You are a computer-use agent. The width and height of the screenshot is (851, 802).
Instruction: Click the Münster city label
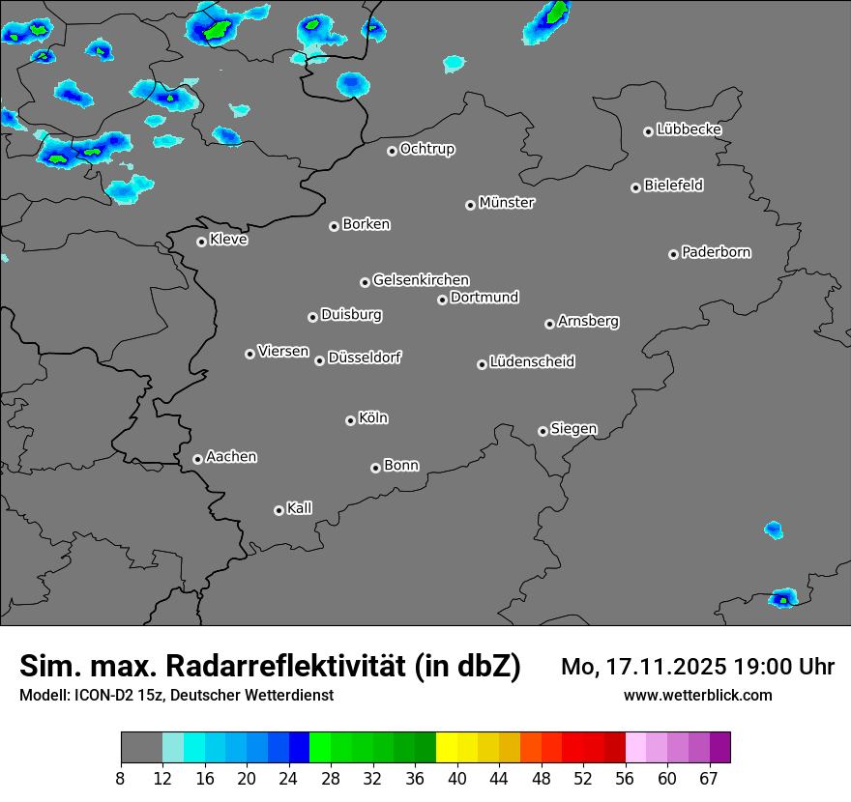pyautogui.click(x=507, y=203)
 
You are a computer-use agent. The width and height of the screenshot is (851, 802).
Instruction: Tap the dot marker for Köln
pyautogui.click(x=350, y=420)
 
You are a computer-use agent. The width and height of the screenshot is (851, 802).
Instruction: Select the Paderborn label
pyautogui.click(x=717, y=252)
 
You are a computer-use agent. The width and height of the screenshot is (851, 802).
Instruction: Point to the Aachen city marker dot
pyautogui.click(x=197, y=459)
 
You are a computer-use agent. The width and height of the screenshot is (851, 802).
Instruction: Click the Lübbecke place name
pyautogui.click(x=690, y=129)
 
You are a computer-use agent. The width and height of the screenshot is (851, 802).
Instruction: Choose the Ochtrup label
pyautogui.click(x=427, y=149)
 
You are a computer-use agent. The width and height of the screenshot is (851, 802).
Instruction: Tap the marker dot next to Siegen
pyautogui.click(x=543, y=431)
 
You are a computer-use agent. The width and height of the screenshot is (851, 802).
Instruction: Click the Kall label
pyautogui.click(x=300, y=508)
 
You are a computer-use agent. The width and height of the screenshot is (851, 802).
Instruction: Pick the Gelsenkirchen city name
pyautogui.click(x=421, y=280)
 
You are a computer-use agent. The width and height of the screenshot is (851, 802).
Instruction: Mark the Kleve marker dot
pyautogui.click(x=201, y=242)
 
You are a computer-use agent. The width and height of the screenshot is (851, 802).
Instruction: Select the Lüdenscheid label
pyautogui.click(x=533, y=362)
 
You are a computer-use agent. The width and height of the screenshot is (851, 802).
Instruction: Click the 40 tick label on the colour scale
pyautogui.click(x=457, y=779)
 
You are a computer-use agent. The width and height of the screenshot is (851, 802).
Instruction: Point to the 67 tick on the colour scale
pyautogui.click(x=709, y=779)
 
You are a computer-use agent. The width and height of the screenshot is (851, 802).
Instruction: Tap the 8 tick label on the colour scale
pyautogui.click(x=121, y=779)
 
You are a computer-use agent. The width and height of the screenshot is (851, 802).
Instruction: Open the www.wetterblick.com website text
pyautogui.click(x=698, y=696)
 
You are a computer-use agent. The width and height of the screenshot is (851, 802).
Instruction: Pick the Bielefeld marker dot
pyautogui.click(x=635, y=187)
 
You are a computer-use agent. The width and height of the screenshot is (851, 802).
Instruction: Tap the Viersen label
pyautogui.click(x=283, y=352)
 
